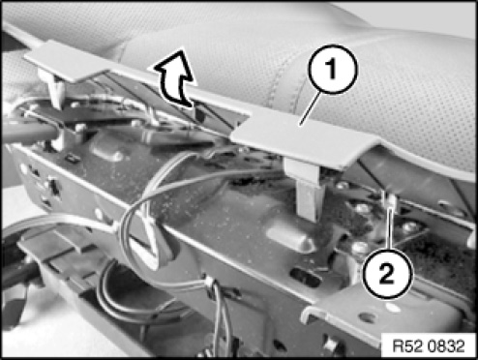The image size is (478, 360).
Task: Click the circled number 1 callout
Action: point(333,70)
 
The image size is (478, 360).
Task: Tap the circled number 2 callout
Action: point(387,274)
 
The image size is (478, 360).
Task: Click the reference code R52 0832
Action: point(429,346)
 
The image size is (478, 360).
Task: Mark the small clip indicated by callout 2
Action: point(390,203)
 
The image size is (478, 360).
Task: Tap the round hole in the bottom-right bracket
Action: point(368,317)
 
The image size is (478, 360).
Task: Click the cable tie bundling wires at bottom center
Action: point(210,284)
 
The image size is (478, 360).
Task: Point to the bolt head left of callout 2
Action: point(361,249)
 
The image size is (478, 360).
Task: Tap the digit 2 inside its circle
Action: point(387,274)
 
